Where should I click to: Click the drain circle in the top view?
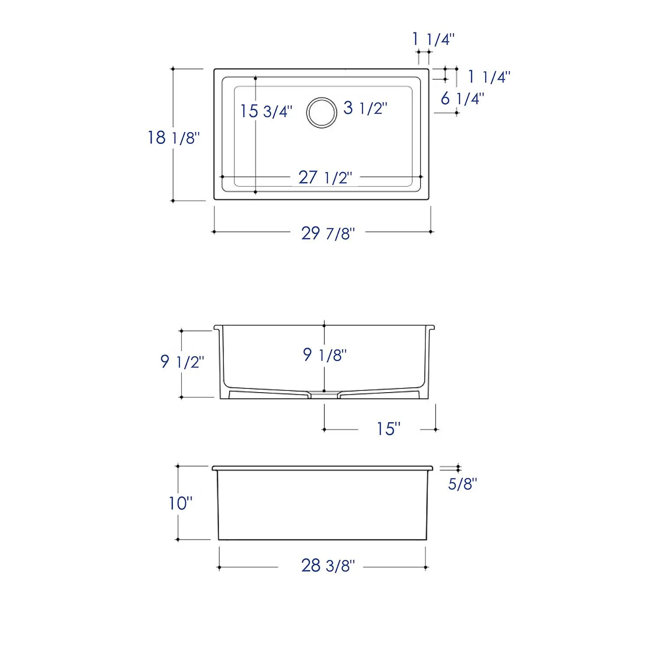tap(322, 112)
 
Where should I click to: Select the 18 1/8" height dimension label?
tap(174, 138)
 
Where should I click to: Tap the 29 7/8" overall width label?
tap(328, 234)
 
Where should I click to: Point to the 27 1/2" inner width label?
tap(325, 178)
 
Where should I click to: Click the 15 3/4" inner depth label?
tap(266, 111)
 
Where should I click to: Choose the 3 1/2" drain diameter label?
tap(365, 108)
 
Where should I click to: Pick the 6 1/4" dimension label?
tap(462, 99)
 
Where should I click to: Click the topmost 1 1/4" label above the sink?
tap(433, 39)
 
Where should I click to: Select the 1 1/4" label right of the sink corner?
tap(489, 77)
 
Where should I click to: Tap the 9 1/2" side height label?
tap(182, 361)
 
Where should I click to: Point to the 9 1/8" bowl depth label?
tap(325, 355)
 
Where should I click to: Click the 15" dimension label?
tap(388, 429)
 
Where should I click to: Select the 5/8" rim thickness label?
tap(462, 484)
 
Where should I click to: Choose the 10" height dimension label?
tap(180, 503)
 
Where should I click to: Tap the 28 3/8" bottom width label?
tap(328, 565)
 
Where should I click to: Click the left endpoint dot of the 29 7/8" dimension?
tap(214, 232)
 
